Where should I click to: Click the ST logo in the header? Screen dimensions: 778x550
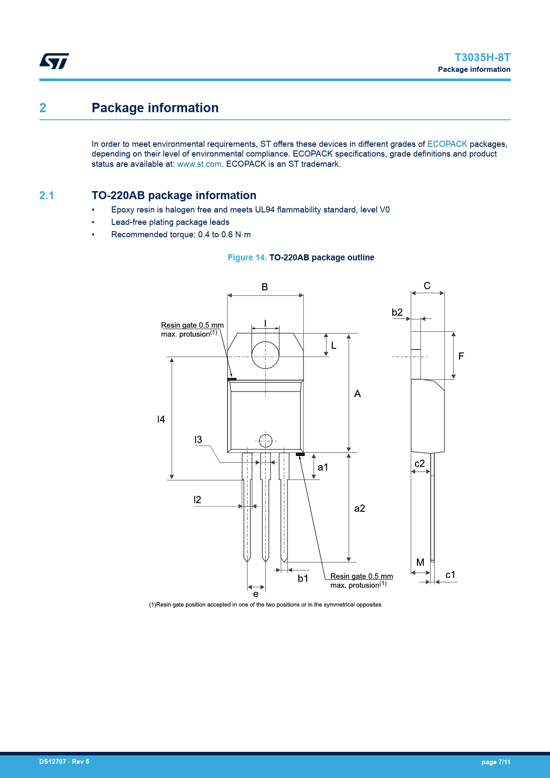(x=54, y=61)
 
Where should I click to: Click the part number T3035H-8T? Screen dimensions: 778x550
(x=482, y=58)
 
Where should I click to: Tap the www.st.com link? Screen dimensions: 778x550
(x=199, y=164)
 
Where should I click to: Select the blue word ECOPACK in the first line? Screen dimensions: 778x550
(x=447, y=144)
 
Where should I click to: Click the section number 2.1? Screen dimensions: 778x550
(x=47, y=196)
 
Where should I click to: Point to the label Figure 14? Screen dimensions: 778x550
(x=247, y=258)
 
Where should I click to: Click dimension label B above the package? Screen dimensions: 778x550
(x=265, y=287)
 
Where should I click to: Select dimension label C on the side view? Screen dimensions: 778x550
(x=427, y=286)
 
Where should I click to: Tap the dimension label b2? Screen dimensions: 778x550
(x=397, y=312)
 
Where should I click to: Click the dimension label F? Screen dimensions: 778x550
(x=461, y=356)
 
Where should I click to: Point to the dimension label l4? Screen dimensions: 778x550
(x=161, y=419)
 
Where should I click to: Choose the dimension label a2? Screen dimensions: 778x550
(x=360, y=508)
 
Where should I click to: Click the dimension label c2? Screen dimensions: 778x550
(x=420, y=464)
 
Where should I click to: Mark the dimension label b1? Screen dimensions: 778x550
(x=303, y=578)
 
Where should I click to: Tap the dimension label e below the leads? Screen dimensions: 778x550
(x=256, y=594)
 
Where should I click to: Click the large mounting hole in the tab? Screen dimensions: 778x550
(x=265, y=355)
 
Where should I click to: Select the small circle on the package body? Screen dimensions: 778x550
(x=265, y=441)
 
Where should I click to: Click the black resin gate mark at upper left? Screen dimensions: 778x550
(x=232, y=379)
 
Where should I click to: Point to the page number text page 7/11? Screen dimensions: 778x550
(x=496, y=762)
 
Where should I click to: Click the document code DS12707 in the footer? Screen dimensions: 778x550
(x=53, y=762)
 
